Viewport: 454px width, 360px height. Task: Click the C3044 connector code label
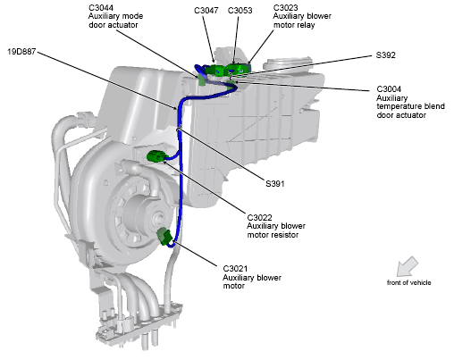tap(101, 7)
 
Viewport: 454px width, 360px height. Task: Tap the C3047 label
tap(206, 11)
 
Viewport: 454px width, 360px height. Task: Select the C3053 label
tap(240, 11)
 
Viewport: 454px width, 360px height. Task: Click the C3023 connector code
tap(285, 7)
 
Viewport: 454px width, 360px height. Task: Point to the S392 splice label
tap(386, 55)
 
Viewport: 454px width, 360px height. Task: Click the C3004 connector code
tap(389, 89)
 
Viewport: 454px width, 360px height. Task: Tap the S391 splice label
tap(275, 184)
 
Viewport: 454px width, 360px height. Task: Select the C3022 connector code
tap(259, 217)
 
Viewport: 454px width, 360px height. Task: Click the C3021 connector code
tap(235, 269)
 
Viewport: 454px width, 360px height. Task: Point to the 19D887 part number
tap(21, 52)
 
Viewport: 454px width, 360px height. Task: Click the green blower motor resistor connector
tap(156, 156)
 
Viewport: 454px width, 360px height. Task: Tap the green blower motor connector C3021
tap(164, 237)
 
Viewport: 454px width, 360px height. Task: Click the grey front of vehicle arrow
tap(407, 266)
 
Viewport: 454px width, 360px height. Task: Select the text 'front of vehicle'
tap(408, 282)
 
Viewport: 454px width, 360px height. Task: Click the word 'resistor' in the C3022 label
tap(285, 235)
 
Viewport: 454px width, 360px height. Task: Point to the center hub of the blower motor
tap(157, 218)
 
